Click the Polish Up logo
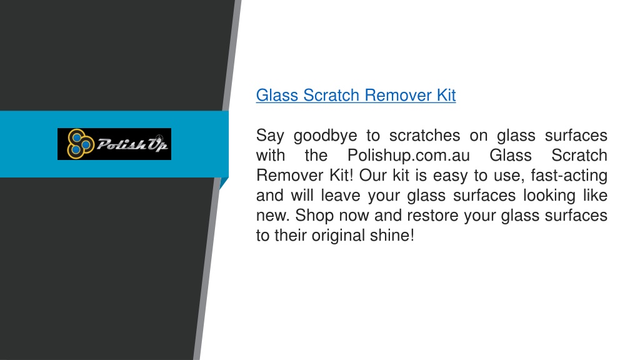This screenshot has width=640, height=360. click(114, 144)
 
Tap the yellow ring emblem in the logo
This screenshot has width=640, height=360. click(81, 144)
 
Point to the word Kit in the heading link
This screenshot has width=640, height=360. click(446, 95)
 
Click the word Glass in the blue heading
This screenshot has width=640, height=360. click(277, 95)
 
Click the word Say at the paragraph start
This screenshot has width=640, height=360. click(270, 136)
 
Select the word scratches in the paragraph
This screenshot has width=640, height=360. click(424, 135)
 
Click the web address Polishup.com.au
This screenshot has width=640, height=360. click(409, 156)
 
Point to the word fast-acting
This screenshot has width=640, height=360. click(569, 176)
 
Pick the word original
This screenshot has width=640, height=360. click(338, 236)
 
